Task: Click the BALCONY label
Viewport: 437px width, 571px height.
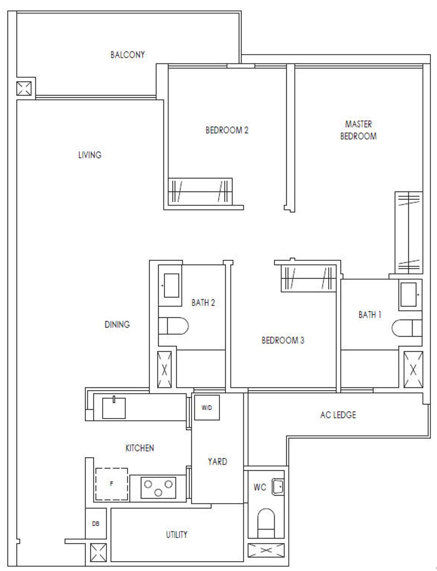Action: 128,55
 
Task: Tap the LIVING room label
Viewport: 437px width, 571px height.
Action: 90,155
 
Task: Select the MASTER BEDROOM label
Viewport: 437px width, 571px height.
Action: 358,130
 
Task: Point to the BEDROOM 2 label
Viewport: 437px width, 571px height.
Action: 227,130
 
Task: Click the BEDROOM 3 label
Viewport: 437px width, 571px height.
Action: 283,340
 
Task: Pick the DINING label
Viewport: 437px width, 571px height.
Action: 117,324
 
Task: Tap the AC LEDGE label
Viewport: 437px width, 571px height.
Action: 338,415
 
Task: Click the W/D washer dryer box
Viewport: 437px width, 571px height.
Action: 207,408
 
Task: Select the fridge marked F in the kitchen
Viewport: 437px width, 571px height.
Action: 112,484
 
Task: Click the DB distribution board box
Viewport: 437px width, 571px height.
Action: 96,523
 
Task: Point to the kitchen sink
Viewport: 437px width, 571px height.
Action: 113,408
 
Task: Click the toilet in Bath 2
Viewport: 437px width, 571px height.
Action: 173,326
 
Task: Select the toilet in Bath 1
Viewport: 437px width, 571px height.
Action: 407,328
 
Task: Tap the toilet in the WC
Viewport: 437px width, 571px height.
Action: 266,523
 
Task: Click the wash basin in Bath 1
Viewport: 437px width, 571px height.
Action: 409,295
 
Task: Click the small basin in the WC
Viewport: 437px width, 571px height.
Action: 278,486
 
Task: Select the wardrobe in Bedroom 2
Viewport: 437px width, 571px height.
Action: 200,192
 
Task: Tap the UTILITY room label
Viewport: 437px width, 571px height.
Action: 177,535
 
